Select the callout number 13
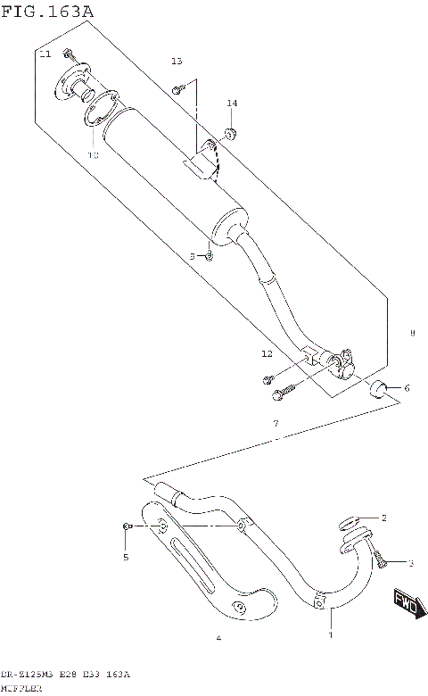(177, 61)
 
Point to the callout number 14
(232, 104)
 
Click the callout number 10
(93, 154)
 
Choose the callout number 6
(406, 387)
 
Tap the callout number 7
(276, 422)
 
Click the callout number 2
(384, 518)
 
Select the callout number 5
(126, 558)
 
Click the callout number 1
(330, 635)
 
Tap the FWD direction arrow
(405, 604)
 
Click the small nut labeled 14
(230, 133)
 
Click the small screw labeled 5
(128, 528)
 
